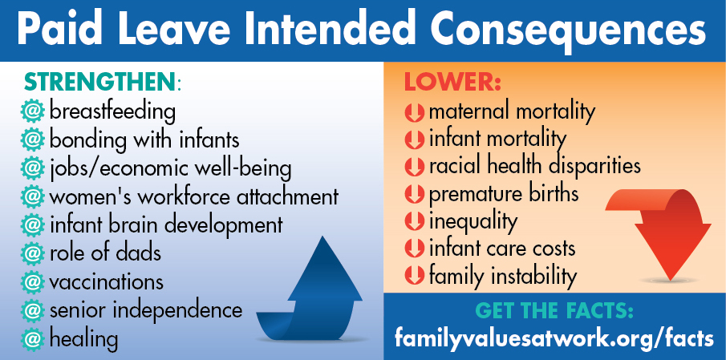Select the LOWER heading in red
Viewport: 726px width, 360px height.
coord(452,82)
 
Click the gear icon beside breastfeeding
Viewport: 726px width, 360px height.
coord(32,112)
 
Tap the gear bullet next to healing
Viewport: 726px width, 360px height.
coord(32,339)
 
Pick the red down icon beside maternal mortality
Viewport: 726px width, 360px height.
coord(414,112)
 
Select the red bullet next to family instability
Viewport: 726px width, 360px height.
coord(414,276)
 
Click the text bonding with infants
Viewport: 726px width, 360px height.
coord(144,140)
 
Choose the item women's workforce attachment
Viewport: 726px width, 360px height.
coord(193,196)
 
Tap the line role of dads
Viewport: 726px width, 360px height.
coord(105,253)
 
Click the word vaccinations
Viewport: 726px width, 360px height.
coord(106,282)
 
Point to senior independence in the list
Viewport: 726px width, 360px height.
coord(145,311)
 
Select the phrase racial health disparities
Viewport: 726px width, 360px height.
coord(535,166)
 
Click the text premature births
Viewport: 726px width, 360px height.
coord(504,194)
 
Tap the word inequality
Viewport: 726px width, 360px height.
coord(473,221)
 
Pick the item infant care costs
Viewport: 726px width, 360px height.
coord(502,249)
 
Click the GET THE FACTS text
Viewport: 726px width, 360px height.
coord(554,311)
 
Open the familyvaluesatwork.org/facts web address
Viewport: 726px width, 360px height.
coord(554,338)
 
